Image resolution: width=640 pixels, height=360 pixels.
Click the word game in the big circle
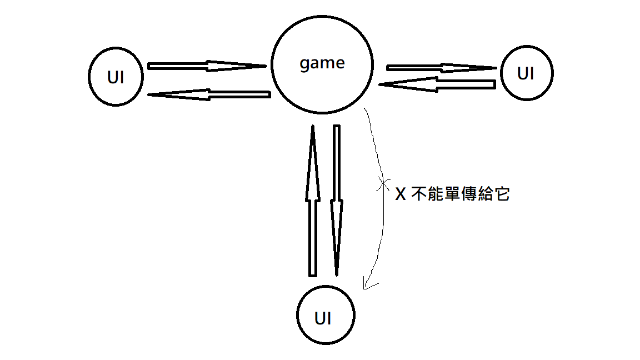coord(322,63)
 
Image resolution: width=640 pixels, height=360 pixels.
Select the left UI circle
coord(116,77)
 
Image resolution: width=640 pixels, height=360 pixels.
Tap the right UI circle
coord(526,73)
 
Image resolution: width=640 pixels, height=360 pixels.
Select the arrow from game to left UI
coord(208,95)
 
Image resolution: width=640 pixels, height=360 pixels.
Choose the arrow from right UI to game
coord(436,84)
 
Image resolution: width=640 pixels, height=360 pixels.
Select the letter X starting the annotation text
coord(399,194)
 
